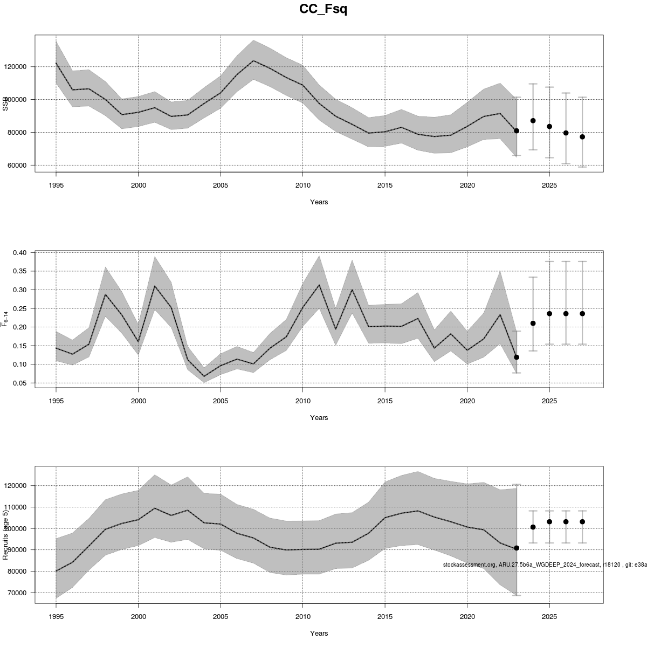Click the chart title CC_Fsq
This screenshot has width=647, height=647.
323,9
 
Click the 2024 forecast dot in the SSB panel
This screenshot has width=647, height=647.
533,121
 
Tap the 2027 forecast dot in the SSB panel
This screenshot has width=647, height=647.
582,137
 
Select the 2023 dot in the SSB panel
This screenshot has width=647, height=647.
517,131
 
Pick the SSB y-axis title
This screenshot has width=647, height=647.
6,104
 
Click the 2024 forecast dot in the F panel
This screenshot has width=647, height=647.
533,323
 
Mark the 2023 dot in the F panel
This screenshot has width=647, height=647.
517,357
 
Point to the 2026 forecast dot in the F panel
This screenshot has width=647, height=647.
566,314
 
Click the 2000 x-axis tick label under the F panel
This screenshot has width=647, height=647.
139,401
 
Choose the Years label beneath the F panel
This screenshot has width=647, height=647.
319,418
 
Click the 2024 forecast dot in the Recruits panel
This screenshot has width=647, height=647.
533,527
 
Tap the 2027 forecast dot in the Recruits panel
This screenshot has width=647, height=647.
582,522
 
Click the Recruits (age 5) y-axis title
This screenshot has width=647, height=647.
6,533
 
